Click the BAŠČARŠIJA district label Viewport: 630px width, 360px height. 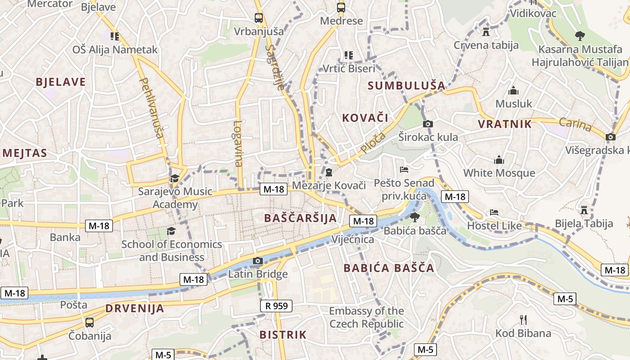tap(300, 218)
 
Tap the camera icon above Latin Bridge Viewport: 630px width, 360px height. tap(258, 261)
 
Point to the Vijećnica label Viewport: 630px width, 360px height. tap(353, 239)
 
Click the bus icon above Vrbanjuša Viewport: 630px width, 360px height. tap(259, 18)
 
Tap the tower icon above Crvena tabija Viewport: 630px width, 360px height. tap(486, 31)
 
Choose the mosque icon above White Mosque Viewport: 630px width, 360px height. tap(499, 160)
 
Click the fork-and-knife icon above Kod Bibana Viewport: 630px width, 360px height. tap(523, 320)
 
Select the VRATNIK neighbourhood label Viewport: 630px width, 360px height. tap(505, 124)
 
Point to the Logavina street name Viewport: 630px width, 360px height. tap(238, 143)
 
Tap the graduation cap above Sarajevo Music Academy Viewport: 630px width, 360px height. tap(175, 178)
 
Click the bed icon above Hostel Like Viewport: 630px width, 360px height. tap(494, 212)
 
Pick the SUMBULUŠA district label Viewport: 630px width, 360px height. tap(406, 85)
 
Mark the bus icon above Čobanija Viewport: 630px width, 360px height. tap(90, 322)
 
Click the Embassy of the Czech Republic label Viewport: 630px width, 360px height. tap(366, 317)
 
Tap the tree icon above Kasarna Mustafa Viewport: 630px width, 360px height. tap(580, 36)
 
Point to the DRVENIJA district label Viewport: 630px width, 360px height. tap(135, 309)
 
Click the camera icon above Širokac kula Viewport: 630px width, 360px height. tap(428, 124)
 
